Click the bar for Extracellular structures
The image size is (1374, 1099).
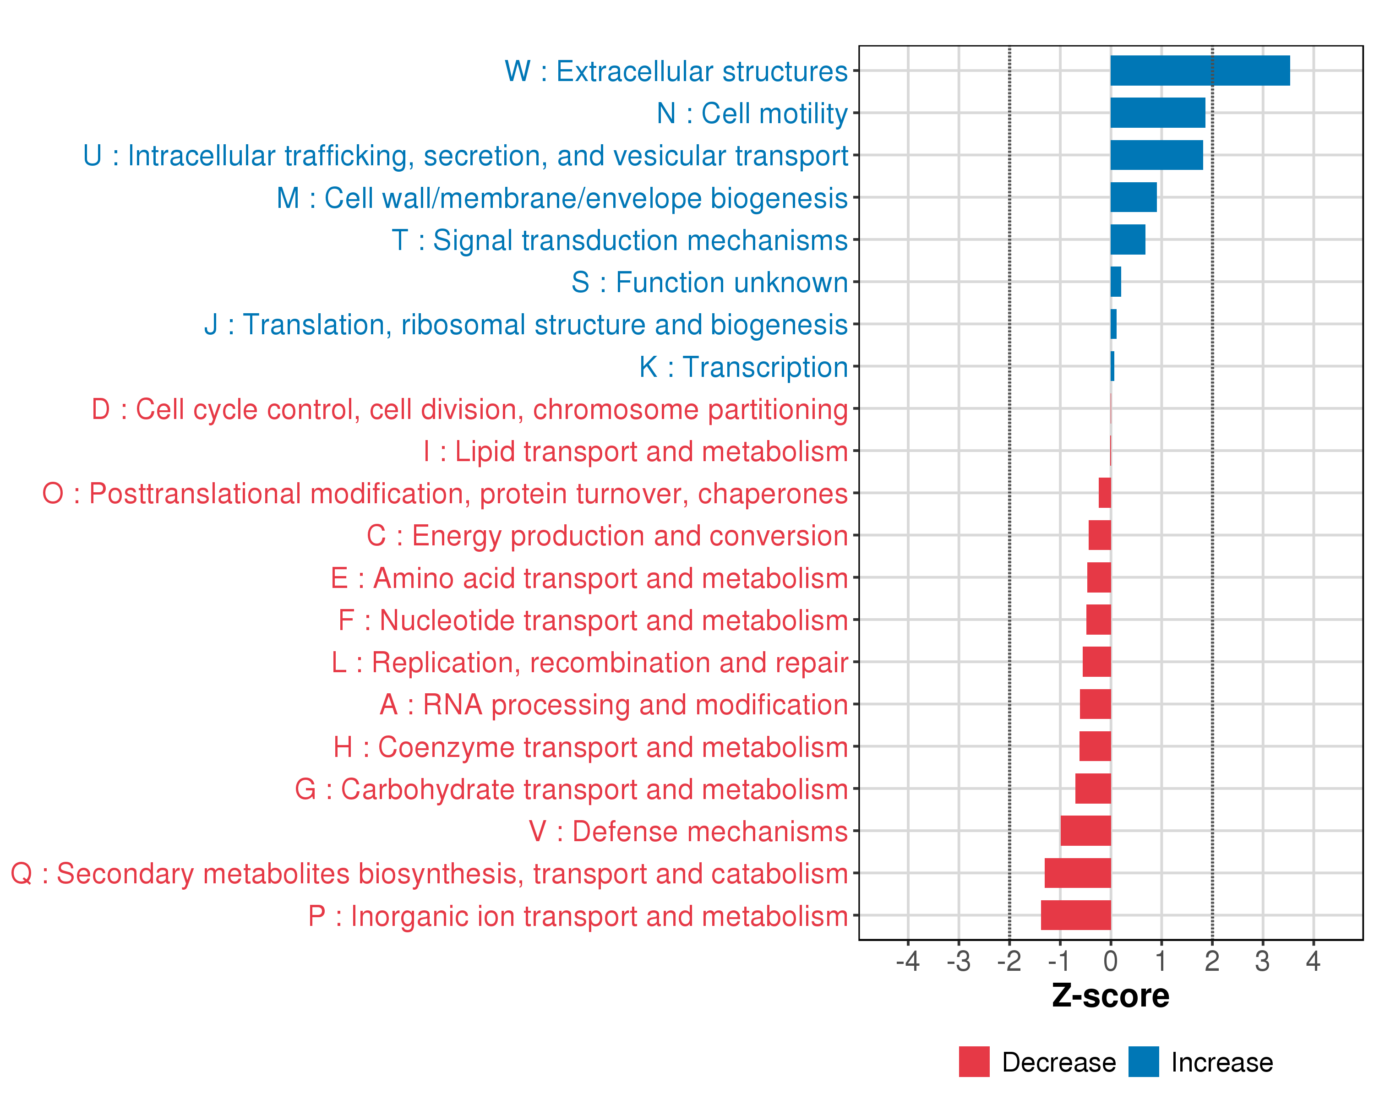pos(1200,71)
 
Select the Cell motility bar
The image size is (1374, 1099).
pos(1157,113)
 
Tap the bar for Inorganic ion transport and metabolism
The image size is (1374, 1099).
pos(1076,915)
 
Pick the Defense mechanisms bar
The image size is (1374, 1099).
pos(1085,831)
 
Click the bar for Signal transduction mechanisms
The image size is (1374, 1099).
pos(1128,239)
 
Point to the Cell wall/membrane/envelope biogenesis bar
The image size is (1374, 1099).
pos(1133,197)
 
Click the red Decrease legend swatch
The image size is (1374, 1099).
pos(974,1061)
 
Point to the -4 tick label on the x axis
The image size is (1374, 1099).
pos(907,961)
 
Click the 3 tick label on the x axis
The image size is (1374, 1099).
pos(1262,961)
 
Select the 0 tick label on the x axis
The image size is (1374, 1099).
pos(1110,961)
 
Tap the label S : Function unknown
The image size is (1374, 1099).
pos(709,282)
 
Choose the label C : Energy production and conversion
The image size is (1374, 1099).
pos(607,536)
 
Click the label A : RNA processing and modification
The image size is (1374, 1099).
pos(613,705)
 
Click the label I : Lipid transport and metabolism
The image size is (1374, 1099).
pos(635,451)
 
